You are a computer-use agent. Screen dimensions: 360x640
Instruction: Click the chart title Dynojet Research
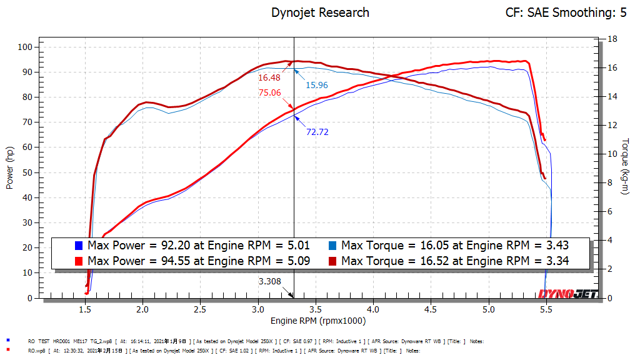pos(320,12)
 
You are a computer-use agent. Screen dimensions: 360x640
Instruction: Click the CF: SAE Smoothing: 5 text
pos(565,12)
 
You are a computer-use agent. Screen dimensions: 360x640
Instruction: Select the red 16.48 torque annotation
pos(269,77)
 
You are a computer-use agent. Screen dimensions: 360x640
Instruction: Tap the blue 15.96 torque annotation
pos(316,85)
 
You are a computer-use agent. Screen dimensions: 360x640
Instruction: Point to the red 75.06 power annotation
pos(269,93)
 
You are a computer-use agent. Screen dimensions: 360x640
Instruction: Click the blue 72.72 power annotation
pos(317,132)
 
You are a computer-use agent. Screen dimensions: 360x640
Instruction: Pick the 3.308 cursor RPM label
pos(270,281)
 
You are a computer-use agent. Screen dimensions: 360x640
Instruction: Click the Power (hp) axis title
pos(9,169)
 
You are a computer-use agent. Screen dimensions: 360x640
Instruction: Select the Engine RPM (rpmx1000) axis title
pos(318,321)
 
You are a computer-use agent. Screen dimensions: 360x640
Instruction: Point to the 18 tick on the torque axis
pos(612,39)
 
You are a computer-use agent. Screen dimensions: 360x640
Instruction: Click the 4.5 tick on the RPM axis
pos(431,309)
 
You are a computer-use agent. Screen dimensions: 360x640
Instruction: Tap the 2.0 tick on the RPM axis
pos(142,309)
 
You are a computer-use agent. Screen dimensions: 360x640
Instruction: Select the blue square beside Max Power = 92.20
pos(79,246)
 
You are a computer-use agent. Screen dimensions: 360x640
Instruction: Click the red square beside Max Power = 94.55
pos(79,261)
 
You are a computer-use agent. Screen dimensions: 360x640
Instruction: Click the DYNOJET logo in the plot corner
pos(567,293)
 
